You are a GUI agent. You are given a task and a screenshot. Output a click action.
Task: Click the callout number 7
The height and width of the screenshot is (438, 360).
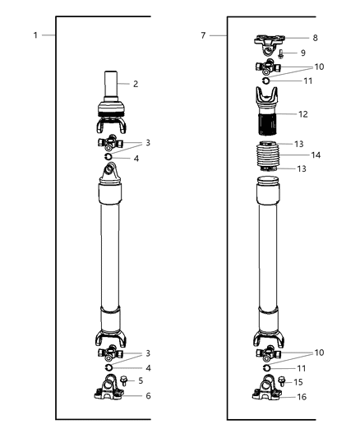tap(204, 36)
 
